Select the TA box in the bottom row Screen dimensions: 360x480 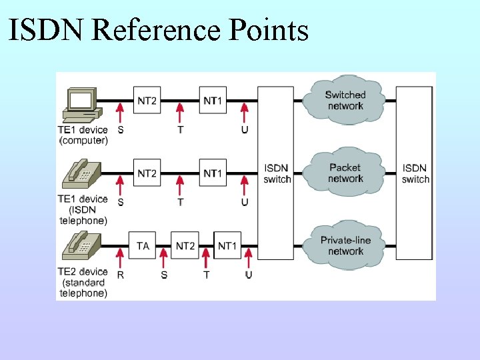(143, 246)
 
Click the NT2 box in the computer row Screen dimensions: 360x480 (147, 101)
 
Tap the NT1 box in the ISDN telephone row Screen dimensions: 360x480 (213, 173)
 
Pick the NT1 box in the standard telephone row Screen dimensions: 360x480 (227, 246)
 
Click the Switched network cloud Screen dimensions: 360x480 (345, 101)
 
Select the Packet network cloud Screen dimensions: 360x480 (345, 173)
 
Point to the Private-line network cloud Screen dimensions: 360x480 (345, 245)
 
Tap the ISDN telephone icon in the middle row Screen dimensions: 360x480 (81, 175)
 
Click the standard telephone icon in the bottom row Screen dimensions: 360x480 (81, 247)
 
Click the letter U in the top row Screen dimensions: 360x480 (245, 129)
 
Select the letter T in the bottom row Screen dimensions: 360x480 (206, 275)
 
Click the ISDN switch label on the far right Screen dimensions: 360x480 (415, 173)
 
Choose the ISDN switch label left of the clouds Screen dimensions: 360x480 (277, 173)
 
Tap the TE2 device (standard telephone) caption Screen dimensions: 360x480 (83, 282)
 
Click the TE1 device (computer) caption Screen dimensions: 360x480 (83, 135)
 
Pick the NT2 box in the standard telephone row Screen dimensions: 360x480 (185, 246)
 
